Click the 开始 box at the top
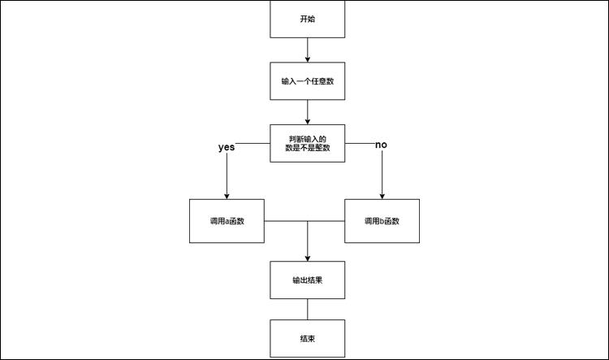point(308,19)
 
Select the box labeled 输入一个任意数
point(308,80)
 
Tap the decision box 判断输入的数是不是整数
point(308,143)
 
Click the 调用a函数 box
point(227,220)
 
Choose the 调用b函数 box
point(382,220)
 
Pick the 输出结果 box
point(308,280)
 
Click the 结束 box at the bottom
point(308,338)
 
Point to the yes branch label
point(227,148)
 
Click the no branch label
point(381,145)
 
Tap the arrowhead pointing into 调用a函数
point(227,196)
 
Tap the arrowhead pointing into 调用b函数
point(382,196)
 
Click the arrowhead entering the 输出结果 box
point(308,257)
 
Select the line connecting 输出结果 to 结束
point(308,310)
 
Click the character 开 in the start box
point(304,19)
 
